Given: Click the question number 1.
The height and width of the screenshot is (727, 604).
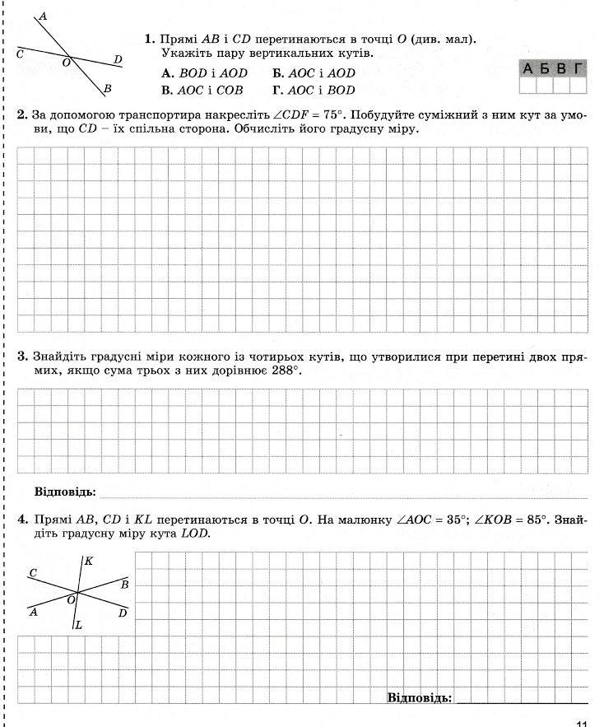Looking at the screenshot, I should [x=149, y=39].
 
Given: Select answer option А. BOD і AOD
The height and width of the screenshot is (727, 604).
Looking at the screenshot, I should [x=204, y=73].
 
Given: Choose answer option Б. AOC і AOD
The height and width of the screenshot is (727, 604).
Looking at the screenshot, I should [x=314, y=73].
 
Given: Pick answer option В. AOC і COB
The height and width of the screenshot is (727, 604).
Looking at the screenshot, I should [x=202, y=91].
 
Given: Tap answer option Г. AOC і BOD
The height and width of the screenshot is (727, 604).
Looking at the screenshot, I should [x=314, y=91].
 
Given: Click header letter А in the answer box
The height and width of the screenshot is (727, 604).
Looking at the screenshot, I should [x=528, y=68].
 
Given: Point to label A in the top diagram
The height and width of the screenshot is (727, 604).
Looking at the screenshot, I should [x=43, y=16].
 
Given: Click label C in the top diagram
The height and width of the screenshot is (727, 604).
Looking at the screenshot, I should [x=20, y=53].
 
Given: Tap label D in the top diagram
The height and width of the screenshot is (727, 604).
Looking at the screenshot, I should [x=118, y=59].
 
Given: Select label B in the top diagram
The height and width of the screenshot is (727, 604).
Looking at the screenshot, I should [x=108, y=89].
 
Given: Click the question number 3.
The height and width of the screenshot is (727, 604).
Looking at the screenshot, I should [x=22, y=357].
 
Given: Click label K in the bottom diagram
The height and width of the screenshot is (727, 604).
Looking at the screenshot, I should [x=88, y=561].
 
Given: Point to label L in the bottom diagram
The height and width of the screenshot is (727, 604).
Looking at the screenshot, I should [x=78, y=625].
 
